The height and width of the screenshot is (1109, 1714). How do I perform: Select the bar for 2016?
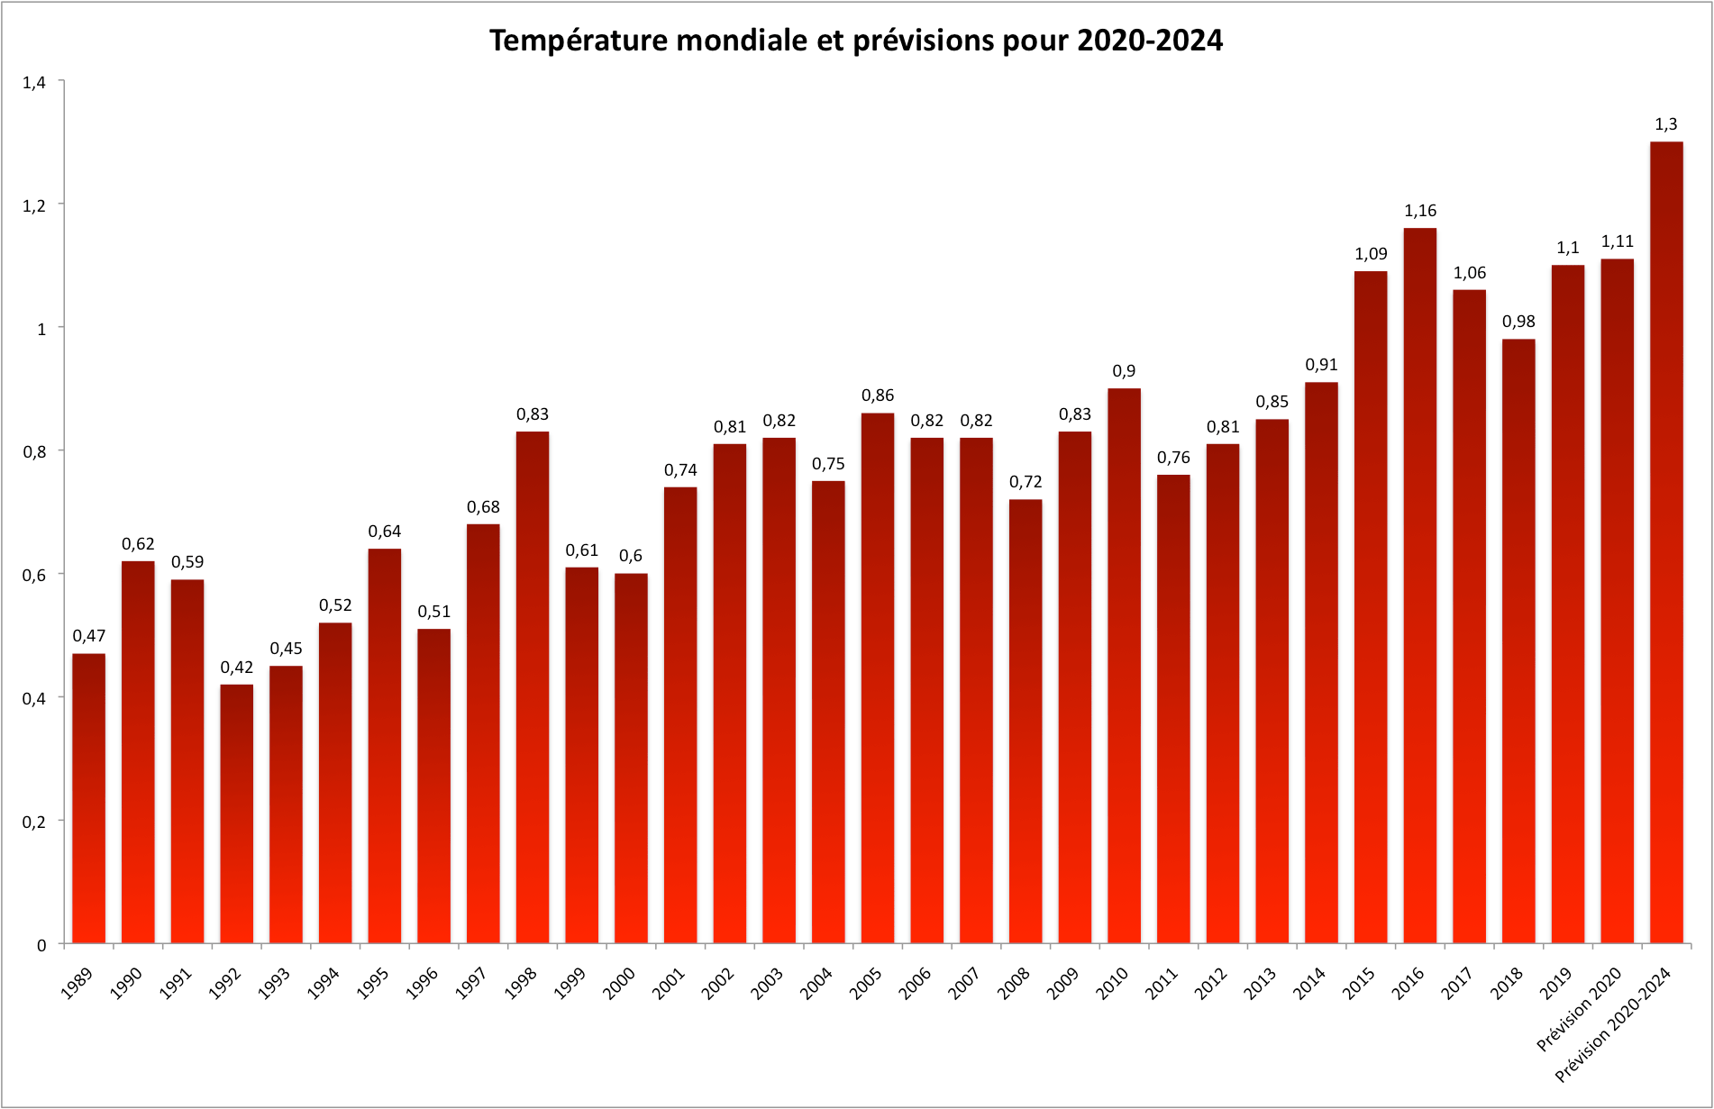1420,586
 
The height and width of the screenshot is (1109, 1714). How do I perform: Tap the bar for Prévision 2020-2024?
1666,541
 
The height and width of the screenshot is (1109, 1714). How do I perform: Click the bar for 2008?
1026,721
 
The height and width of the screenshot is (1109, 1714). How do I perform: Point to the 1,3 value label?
1666,124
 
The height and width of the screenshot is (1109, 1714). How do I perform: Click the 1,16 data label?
1420,211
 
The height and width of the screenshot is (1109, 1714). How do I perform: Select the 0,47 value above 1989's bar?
89,636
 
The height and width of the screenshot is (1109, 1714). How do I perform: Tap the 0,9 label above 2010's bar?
1124,371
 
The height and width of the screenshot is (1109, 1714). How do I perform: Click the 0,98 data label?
1518,322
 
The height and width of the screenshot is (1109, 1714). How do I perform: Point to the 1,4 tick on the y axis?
34,83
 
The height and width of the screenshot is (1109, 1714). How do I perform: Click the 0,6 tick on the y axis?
34,576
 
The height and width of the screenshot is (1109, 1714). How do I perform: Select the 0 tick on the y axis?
41,945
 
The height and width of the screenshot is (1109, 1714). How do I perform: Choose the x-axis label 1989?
77,983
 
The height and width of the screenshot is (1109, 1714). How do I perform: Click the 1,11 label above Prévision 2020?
1617,241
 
